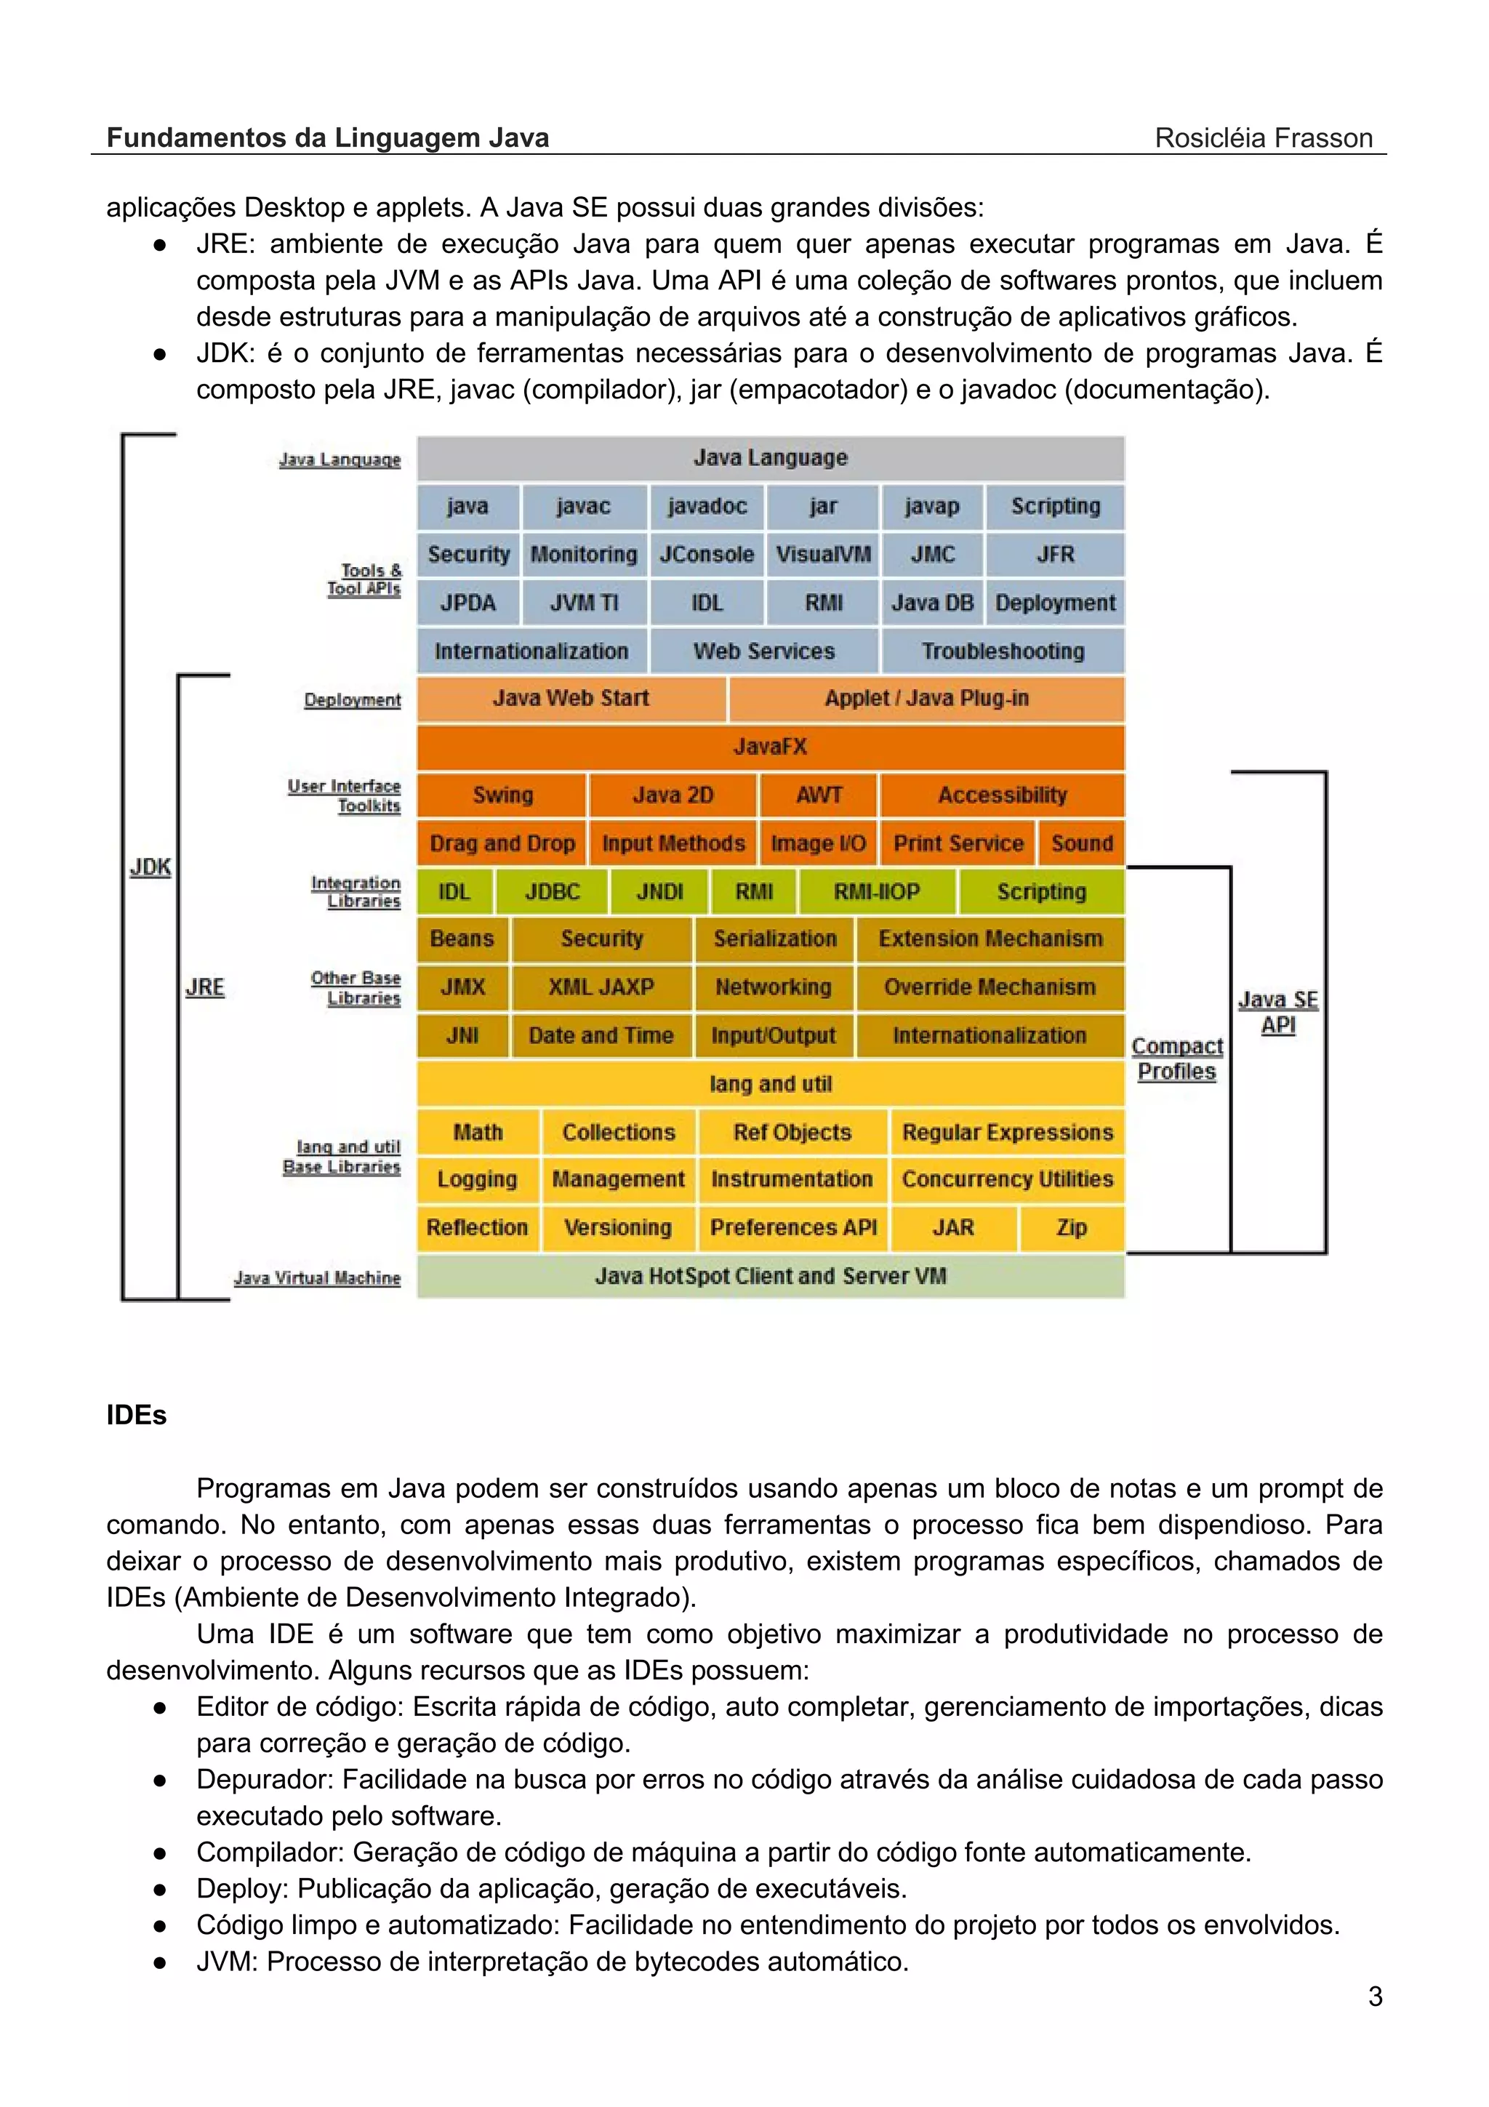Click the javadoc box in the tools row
tap(707, 507)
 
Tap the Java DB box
tap(932, 603)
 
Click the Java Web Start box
tap(571, 699)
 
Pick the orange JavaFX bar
tap(771, 747)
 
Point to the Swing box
tap(502, 795)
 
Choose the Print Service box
tap(958, 843)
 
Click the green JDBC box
tap(551, 892)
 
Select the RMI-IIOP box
tap(876, 892)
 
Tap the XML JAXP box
tap(601, 987)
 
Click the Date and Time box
tap(601, 1036)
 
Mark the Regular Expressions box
tap(1006, 1133)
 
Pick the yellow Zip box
tap(1071, 1228)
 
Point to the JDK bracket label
tap(150, 867)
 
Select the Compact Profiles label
tap(1177, 1059)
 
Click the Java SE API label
tap(1278, 1012)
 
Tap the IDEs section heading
tap(137, 1415)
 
